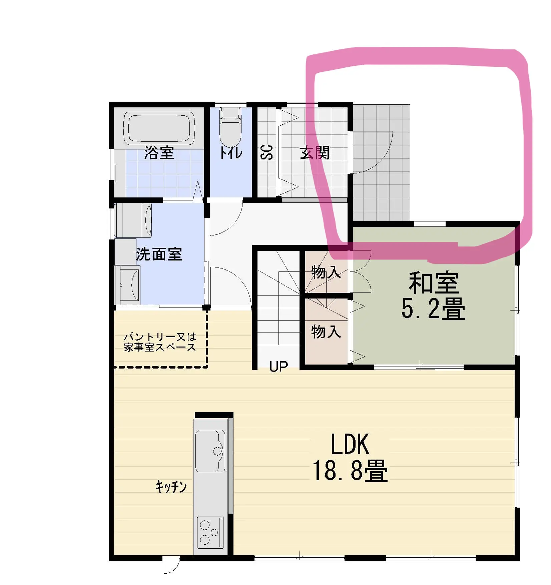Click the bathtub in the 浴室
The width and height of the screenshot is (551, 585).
(159, 129)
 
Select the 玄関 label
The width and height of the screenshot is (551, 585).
(315, 153)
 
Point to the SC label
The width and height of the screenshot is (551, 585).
(267, 152)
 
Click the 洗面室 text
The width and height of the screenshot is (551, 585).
(159, 254)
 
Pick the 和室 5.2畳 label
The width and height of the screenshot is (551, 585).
(433, 296)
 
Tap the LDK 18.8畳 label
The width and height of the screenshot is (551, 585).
(350, 457)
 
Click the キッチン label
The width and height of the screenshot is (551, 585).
(171, 487)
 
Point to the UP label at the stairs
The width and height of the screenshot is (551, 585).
(279, 367)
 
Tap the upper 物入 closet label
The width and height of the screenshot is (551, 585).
(326, 272)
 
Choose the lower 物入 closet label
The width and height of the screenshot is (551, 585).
(326, 332)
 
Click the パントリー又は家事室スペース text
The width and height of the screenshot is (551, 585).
(160, 342)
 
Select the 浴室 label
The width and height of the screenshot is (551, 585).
(159, 153)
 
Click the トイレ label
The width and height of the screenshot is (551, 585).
(231, 153)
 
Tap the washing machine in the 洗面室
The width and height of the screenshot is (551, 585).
(133, 220)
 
